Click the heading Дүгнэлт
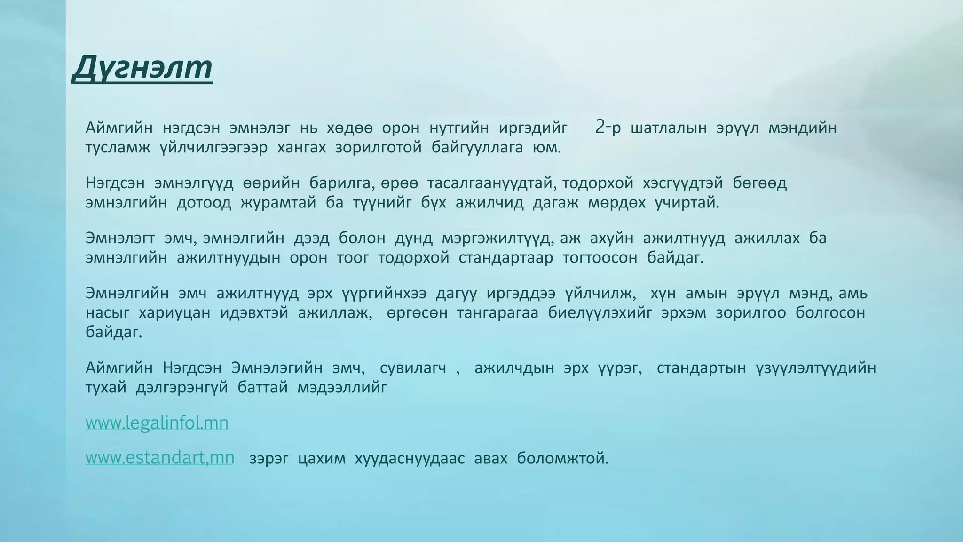[142, 68]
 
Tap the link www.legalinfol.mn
[157, 423]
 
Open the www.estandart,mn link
[159, 458]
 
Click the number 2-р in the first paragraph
[608, 128]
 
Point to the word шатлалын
[668, 128]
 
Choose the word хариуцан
[174, 313]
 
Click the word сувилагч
[413, 368]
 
